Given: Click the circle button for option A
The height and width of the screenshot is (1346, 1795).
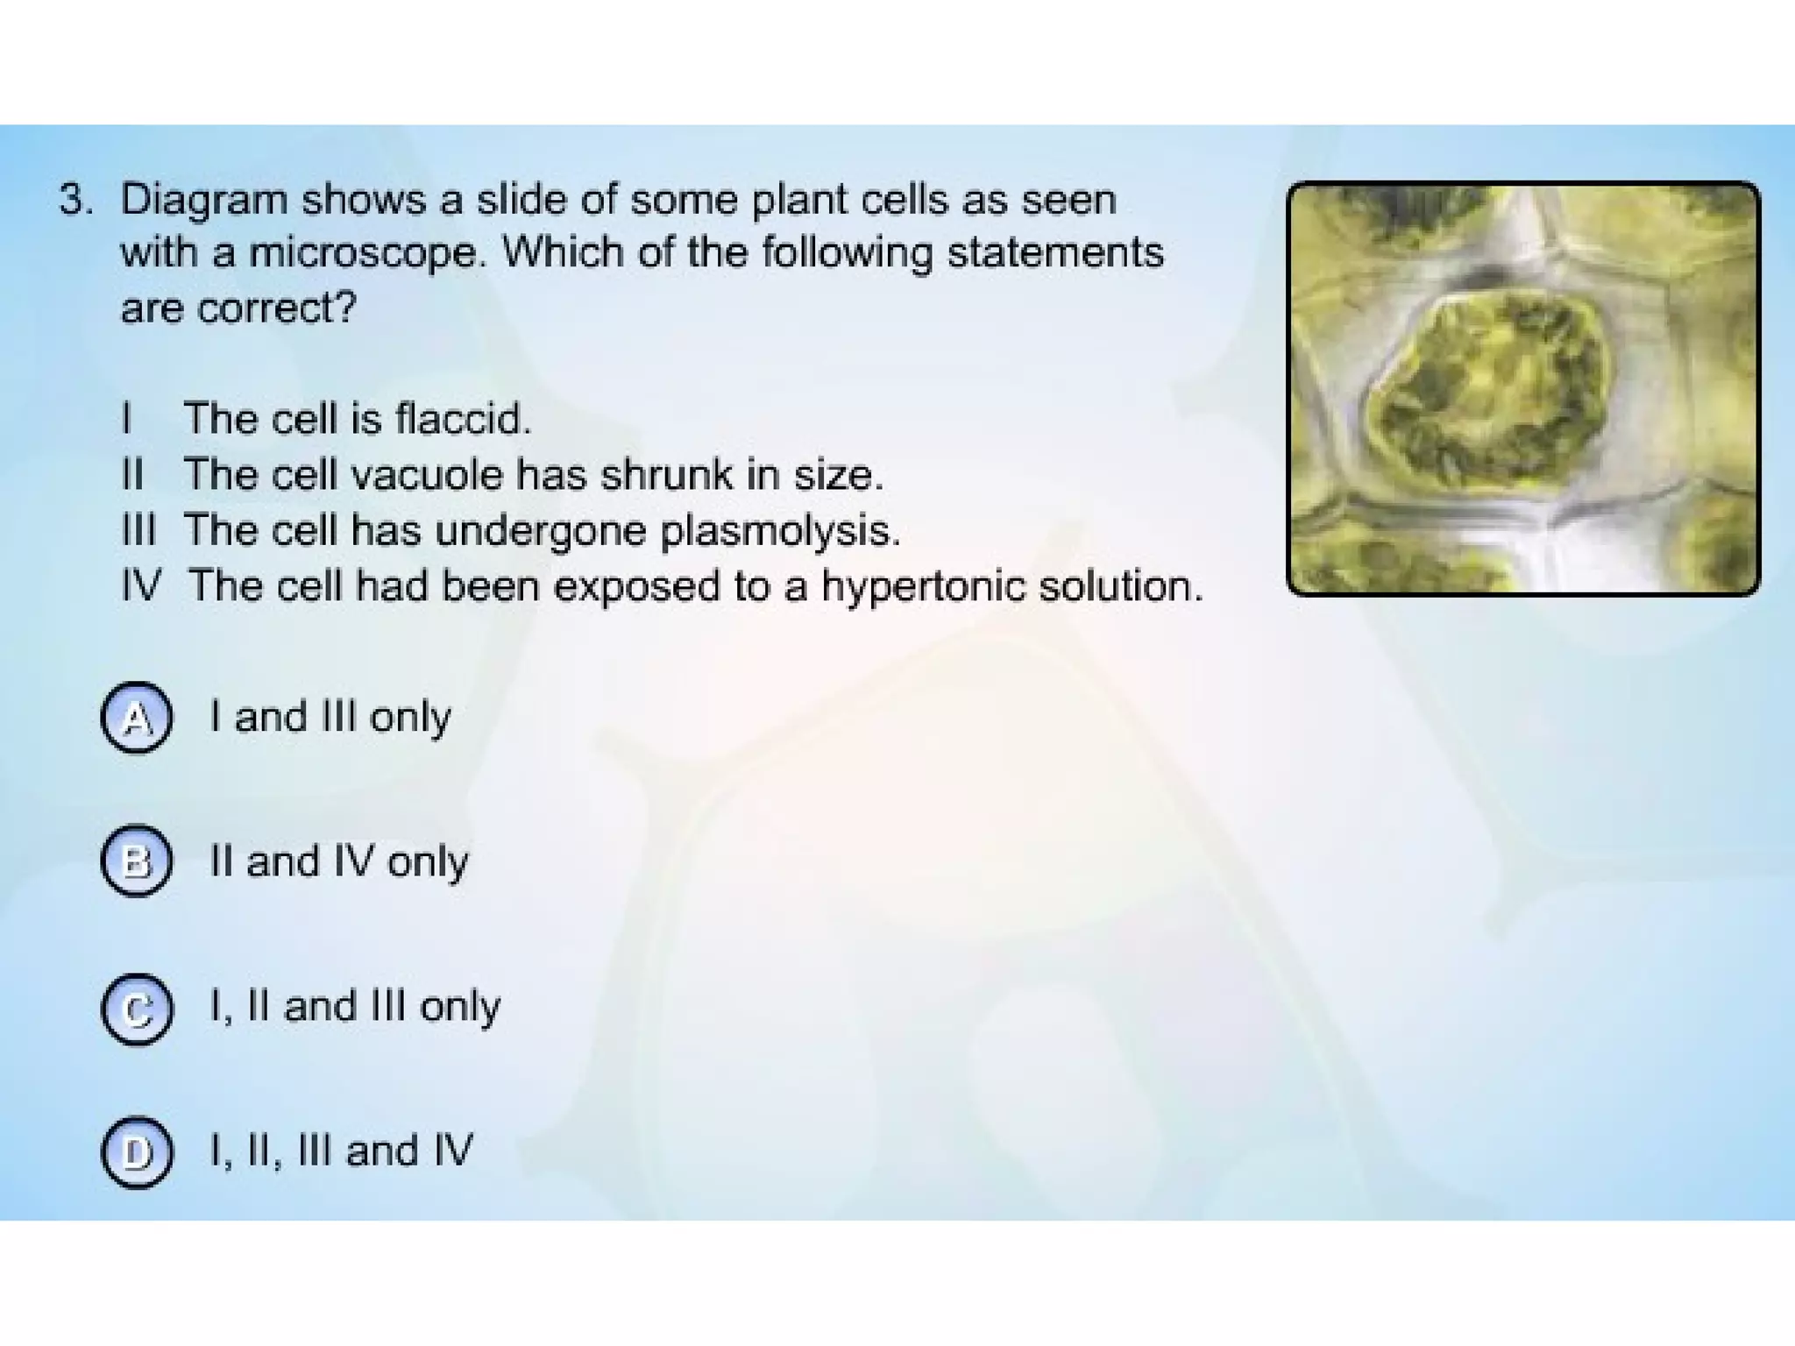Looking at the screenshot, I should pyautogui.click(x=136, y=718).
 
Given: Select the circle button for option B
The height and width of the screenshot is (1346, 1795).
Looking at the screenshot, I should pyautogui.click(x=136, y=861).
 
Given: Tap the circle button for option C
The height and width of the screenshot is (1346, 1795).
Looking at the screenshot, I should pyautogui.click(x=136, y=1009).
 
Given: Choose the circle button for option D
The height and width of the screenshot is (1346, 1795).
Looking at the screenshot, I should pyautogui.click(x=136, y=1152).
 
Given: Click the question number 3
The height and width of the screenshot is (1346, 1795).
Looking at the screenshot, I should pyautogui.click(x=75, y=201).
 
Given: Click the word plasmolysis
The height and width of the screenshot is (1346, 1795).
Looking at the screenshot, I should pyautogui.click(x=780, y=531).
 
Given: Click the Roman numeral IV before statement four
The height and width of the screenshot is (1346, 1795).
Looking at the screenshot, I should pyautogui.click(x=141, y=586).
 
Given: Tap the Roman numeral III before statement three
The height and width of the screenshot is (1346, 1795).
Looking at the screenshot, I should pyautogui.click(x=138, y=531).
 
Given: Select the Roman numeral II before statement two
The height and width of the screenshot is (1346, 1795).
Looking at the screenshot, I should pyautogui.click(x=132, y=475).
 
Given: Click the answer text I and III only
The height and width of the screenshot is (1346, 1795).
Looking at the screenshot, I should pyautogui.click(x=330, y=718).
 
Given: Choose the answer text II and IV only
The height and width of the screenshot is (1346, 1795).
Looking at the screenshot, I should pyautogui.click(x=338, y=861).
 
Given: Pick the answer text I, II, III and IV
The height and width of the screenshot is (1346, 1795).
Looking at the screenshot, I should pyautogui.click(x=341, y=1151).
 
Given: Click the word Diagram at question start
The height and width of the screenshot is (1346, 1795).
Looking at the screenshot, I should pyautogui.click(x=203, y=201).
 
